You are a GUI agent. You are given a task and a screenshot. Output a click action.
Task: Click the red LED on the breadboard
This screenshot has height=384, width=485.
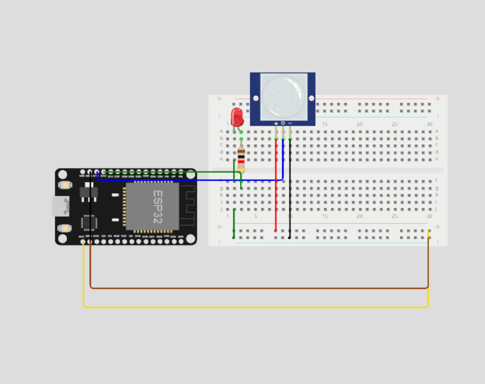(x=237, y=116)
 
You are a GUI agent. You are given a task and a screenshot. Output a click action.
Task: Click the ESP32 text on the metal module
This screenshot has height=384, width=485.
(x=157, y=206)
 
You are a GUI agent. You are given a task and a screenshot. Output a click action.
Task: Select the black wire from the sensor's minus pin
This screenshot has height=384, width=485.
(x=289, y=194)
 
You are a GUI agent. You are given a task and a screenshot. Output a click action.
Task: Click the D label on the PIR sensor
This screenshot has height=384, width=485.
(x=283, y=123)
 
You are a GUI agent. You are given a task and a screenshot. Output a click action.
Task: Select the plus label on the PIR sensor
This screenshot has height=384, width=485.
(x=276, y=123)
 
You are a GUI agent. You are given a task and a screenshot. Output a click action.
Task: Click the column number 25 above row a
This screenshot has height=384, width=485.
(x=395, y=124)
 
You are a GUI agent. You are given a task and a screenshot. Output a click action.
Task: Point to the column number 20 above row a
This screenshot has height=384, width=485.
(x=359, y=124)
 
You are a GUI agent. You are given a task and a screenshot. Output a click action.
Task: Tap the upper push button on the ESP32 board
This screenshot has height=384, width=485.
(x=65, y=185)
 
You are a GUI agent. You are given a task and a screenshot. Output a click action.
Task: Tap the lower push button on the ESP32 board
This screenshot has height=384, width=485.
(x=65, y=227)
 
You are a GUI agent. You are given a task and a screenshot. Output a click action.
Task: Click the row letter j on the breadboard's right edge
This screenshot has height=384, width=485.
(x=437, y=208)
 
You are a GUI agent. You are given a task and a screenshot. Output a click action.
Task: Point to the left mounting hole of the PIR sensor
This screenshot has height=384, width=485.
(x=255, y=97)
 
